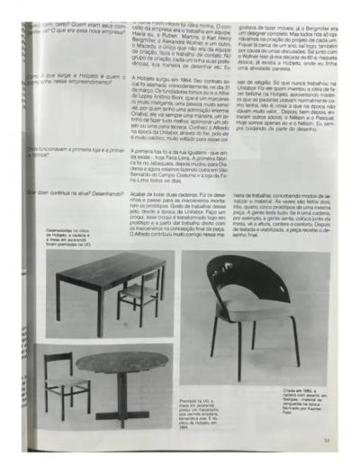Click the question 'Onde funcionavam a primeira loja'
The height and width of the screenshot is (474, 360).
pyautogui.click(x=60, y=176)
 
